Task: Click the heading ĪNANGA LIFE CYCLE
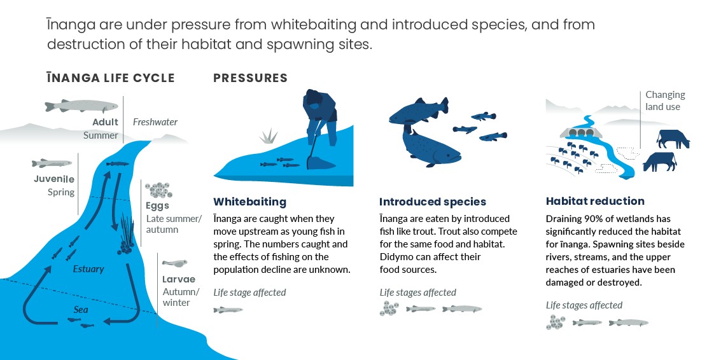(x=110, y=78)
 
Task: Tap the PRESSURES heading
(x=250, y=78)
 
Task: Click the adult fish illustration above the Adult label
(x=81, y=106)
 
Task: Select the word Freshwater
(x=155, y=122)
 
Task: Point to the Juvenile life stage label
(x=54, y=179)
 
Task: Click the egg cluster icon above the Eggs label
(x=158, y=190)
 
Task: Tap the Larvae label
(x=178, y=279)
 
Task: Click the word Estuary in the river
(x=88, y=269)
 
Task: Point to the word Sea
(x=80, y=310)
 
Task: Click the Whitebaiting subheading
(x=249, y=202)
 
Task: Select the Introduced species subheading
(x=433, y=202)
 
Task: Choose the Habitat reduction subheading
(x=595, y=201)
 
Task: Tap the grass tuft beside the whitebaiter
(x=270, y=135)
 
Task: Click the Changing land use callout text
(x=665, y=100)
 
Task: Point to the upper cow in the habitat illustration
(x=673, y=138)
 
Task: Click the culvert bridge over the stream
(x=581, y=132)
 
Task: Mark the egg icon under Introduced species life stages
(x=389, y=309)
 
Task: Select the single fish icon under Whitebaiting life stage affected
(x=228, y=310)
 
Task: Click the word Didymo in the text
(x=395, y=257)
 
